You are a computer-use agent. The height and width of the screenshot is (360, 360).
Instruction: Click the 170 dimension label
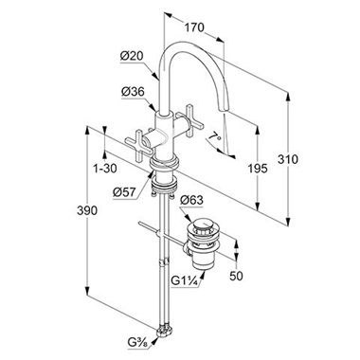(x=194, y=27)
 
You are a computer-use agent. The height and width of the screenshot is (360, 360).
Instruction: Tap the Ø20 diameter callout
(x=132, y=56)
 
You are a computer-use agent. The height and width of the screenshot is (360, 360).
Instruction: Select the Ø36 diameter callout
(x=133, y=92)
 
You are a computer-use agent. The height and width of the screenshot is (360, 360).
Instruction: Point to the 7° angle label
(x=215, y=137)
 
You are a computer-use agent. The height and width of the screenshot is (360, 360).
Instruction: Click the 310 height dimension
(x=288, y=159)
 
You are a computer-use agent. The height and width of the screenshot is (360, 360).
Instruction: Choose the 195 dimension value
(x=258, y=169)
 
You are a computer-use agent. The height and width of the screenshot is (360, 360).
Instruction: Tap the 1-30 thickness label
(x=105, y=169)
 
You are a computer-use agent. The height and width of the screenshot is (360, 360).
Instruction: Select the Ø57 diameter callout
(x=124, y=192)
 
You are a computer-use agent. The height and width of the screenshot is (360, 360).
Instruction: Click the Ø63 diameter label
(x=191, y=201)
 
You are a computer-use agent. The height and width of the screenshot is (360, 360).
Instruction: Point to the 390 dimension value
(x=87, y=210)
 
